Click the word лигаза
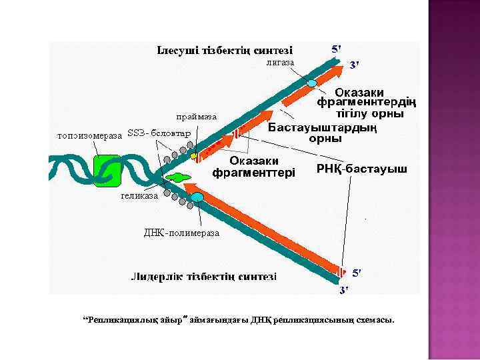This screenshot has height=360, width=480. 280,62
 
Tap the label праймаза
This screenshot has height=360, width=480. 197,117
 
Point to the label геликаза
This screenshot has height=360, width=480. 140,195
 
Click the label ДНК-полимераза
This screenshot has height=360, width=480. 181,233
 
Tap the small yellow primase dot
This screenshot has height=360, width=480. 193,155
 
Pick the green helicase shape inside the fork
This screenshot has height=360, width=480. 178,177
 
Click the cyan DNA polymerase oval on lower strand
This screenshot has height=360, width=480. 197,197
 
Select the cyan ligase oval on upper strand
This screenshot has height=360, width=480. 313,83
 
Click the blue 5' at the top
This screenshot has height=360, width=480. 337,49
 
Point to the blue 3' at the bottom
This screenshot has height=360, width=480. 344,291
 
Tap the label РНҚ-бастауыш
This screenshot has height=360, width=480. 361,169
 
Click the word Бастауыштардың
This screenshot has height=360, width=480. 323,128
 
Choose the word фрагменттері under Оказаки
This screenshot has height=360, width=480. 253,173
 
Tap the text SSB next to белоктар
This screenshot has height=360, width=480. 136,133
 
